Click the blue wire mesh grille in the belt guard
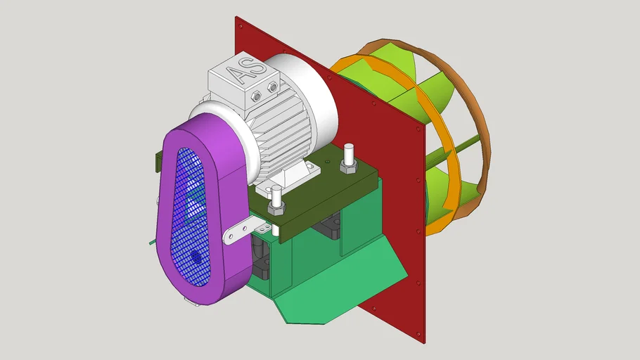pos(185,211)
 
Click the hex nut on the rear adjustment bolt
pos(347,166)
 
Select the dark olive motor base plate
pos(316,204)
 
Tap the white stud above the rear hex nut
pos(347,151)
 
